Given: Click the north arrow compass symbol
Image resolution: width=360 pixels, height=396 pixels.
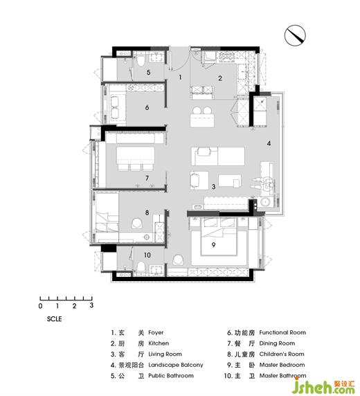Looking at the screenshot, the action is point(295,35).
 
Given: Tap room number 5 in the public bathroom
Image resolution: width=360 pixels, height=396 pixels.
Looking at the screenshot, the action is point(149,72).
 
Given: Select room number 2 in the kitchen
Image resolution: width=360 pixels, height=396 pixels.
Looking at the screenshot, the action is point(220,78).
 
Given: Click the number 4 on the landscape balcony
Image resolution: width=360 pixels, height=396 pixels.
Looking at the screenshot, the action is point(269,143).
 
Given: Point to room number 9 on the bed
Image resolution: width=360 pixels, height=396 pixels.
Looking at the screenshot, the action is point(213,244).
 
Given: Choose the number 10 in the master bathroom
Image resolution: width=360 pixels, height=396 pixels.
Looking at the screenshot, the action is point(147,255).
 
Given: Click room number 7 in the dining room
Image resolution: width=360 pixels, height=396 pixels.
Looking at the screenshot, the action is point(147,179).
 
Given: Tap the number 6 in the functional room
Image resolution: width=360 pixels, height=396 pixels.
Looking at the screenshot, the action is point(147,107).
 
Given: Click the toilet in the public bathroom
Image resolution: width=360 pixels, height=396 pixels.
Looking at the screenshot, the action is point(141,61).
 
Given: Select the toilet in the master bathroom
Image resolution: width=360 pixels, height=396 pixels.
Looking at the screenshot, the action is point(141,267).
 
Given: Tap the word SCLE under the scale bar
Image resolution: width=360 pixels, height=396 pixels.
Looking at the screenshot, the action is point(54,319).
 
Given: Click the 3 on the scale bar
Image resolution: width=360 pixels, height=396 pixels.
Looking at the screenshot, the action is point(91,305).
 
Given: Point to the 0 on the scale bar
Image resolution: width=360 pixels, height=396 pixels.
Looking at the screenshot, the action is point(40,306).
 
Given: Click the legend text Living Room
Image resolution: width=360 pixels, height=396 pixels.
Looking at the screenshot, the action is point(165,354).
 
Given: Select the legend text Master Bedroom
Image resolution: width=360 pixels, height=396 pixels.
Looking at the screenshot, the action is point(282,365).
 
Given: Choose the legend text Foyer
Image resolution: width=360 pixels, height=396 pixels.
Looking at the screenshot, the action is point(156,333).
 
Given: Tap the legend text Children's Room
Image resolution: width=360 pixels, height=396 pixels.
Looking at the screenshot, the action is point(282,354).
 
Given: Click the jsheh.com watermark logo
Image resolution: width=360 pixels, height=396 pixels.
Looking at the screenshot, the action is point(326,386).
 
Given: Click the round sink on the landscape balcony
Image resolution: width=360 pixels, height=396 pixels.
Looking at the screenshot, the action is point(265,202).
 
